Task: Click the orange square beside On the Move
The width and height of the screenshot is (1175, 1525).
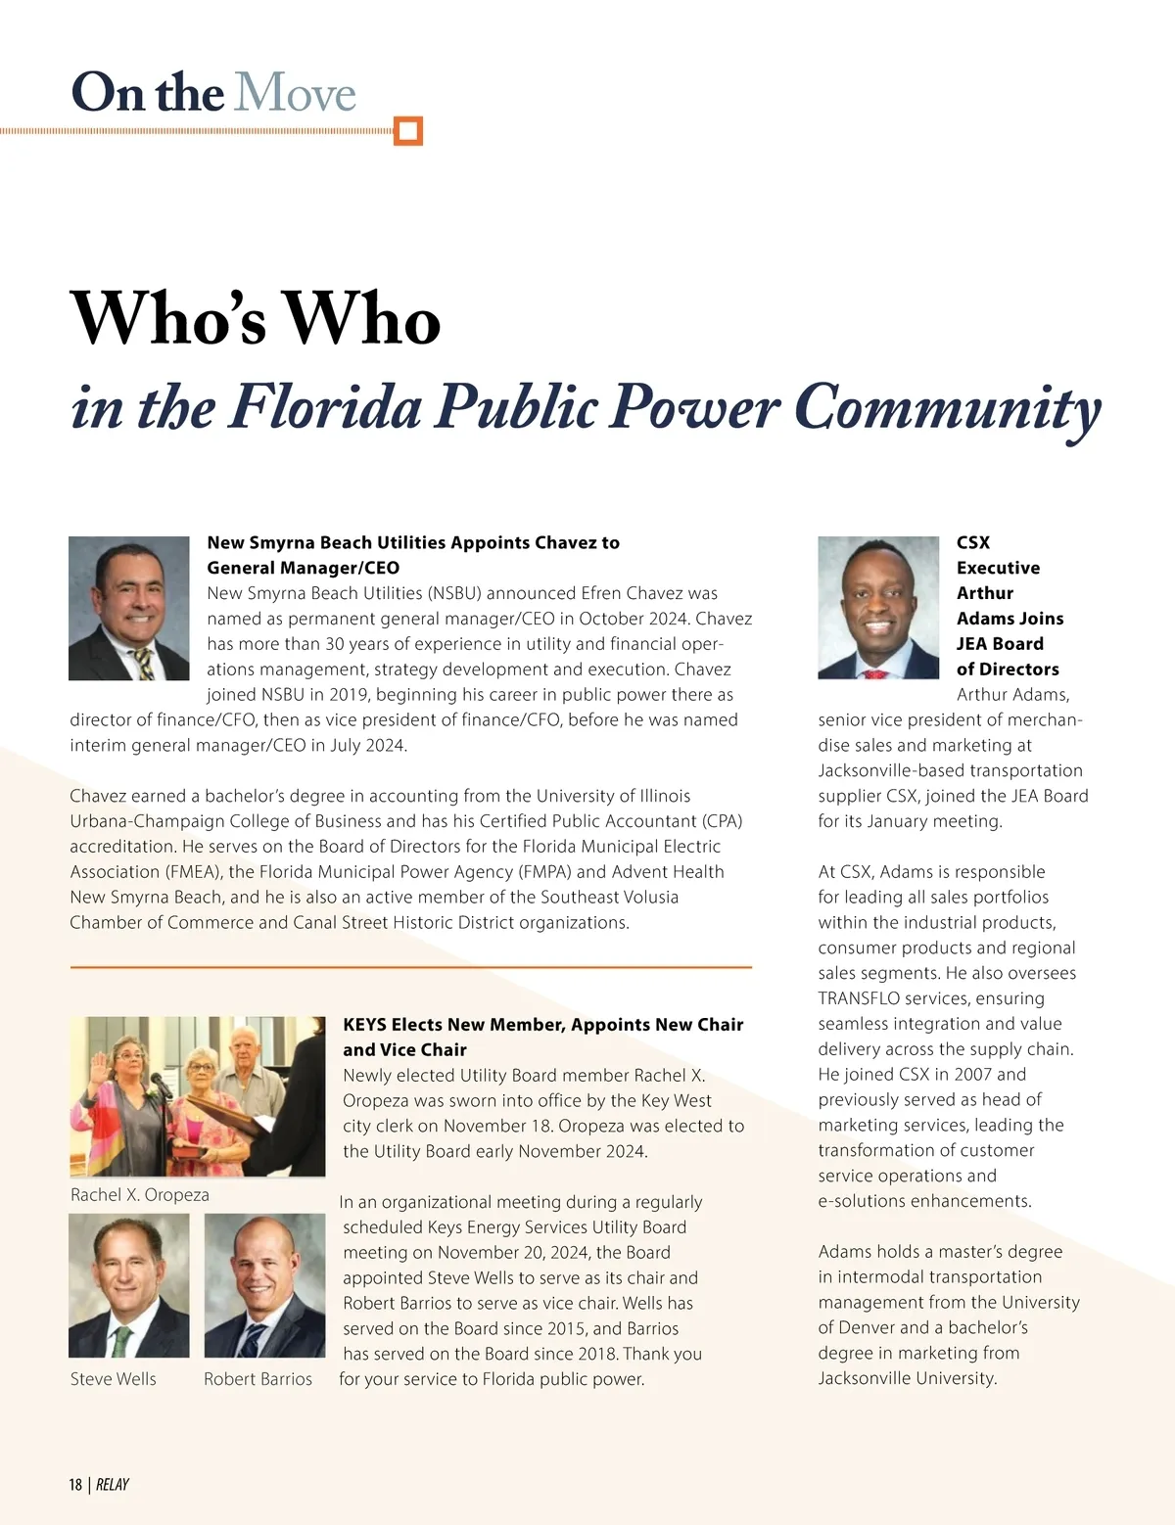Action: (x=407, y=130)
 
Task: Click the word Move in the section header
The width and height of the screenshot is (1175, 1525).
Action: (x=295, y=93)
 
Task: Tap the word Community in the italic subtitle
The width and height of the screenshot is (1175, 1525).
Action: (x=947, y=407)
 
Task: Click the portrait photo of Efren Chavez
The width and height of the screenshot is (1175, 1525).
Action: (x=129, y=608)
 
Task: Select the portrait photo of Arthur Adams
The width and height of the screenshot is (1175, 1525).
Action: (x=878, y=608)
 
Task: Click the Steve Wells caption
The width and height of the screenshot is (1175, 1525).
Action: (x=114, y=1379)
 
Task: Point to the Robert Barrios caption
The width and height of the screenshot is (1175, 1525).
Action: (x=258, y=1379)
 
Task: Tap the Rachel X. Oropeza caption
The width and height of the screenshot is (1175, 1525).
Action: (x=140, y=1195)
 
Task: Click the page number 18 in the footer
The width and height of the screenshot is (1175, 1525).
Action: (x=75, y=1485)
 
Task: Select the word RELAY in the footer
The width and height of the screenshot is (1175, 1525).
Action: (x=113, y=1485)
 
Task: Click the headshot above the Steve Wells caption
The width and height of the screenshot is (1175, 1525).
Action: (x=128, y=1285)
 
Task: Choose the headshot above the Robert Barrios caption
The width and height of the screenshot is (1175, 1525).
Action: (x=264, y=1285)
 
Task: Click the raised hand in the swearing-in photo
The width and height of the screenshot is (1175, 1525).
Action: (x=98, y=1061)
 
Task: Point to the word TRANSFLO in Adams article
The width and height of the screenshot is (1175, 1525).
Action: (x=859, y=998)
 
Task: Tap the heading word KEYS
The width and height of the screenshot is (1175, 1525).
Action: (x=364, y=1025)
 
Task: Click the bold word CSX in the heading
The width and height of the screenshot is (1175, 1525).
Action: (x=973, y=542)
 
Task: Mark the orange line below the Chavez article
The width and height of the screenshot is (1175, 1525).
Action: (x=411, y=967)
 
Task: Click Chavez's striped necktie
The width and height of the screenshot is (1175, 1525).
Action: (x=144, y=662)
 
